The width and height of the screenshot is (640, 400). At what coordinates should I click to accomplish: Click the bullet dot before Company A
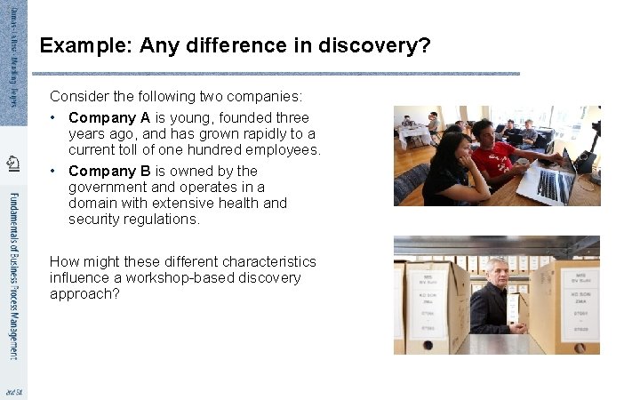tap(55, 117)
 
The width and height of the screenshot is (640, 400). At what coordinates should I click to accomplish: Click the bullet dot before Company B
tap(55, 171)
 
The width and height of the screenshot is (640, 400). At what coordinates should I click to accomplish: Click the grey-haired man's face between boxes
tap(497, 273)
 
